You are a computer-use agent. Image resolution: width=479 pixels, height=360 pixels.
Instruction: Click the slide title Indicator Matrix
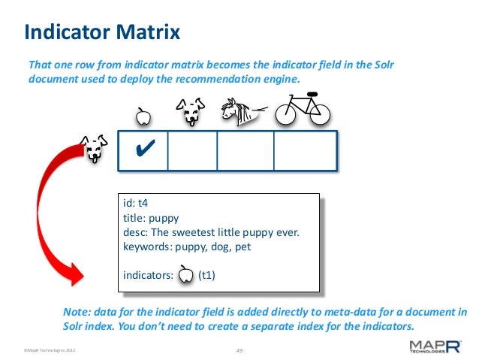pos(102,32)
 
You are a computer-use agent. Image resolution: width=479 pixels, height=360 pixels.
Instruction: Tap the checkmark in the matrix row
pos(142,150)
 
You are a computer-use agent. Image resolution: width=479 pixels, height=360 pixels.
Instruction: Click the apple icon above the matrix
pos(143,116)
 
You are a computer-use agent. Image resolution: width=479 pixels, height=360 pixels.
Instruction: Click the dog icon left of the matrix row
pos(92,148)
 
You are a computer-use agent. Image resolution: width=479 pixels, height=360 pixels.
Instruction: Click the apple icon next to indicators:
pos(185,275)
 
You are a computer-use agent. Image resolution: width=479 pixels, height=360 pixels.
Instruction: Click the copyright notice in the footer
pos(50,350)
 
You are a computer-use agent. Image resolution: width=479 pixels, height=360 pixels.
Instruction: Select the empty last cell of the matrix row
pos(305,150)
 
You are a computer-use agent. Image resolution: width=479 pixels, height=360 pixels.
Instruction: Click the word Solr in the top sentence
pos(381,65)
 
